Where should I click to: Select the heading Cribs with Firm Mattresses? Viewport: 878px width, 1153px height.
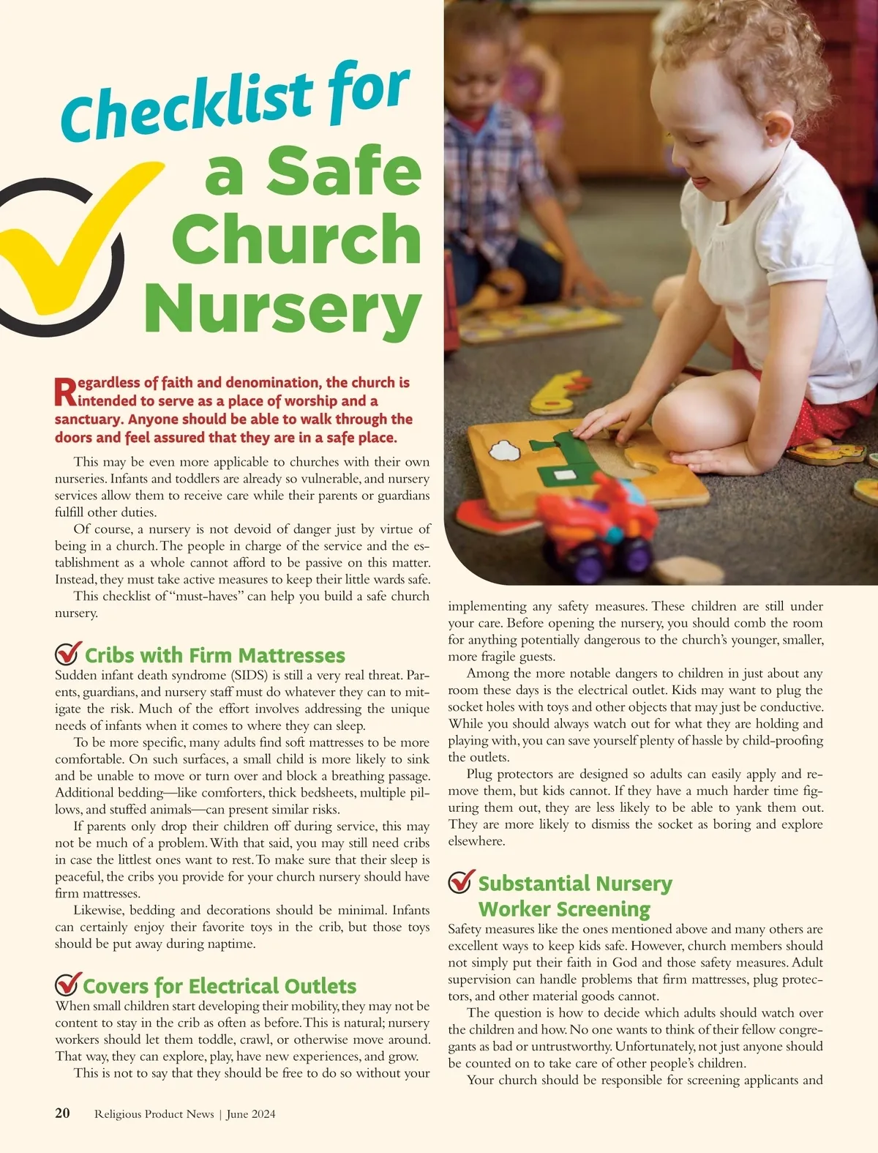(x=214, y=654)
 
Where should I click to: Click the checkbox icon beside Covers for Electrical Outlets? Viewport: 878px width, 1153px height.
(x=67, y=985)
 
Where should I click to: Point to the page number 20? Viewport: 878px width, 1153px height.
(x=63, y=1113)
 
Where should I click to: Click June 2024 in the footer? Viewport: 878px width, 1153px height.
(x=251, y=1114)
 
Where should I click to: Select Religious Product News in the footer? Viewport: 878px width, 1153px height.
(x=154, y=1114)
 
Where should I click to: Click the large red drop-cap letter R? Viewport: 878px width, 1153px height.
(x=65, y=392)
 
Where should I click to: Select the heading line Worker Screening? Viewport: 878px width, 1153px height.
(x=563, y=909)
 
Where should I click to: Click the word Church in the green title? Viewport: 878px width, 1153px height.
(x=296, y=239)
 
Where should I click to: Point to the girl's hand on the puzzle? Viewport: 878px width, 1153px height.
(x=604, y=425)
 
